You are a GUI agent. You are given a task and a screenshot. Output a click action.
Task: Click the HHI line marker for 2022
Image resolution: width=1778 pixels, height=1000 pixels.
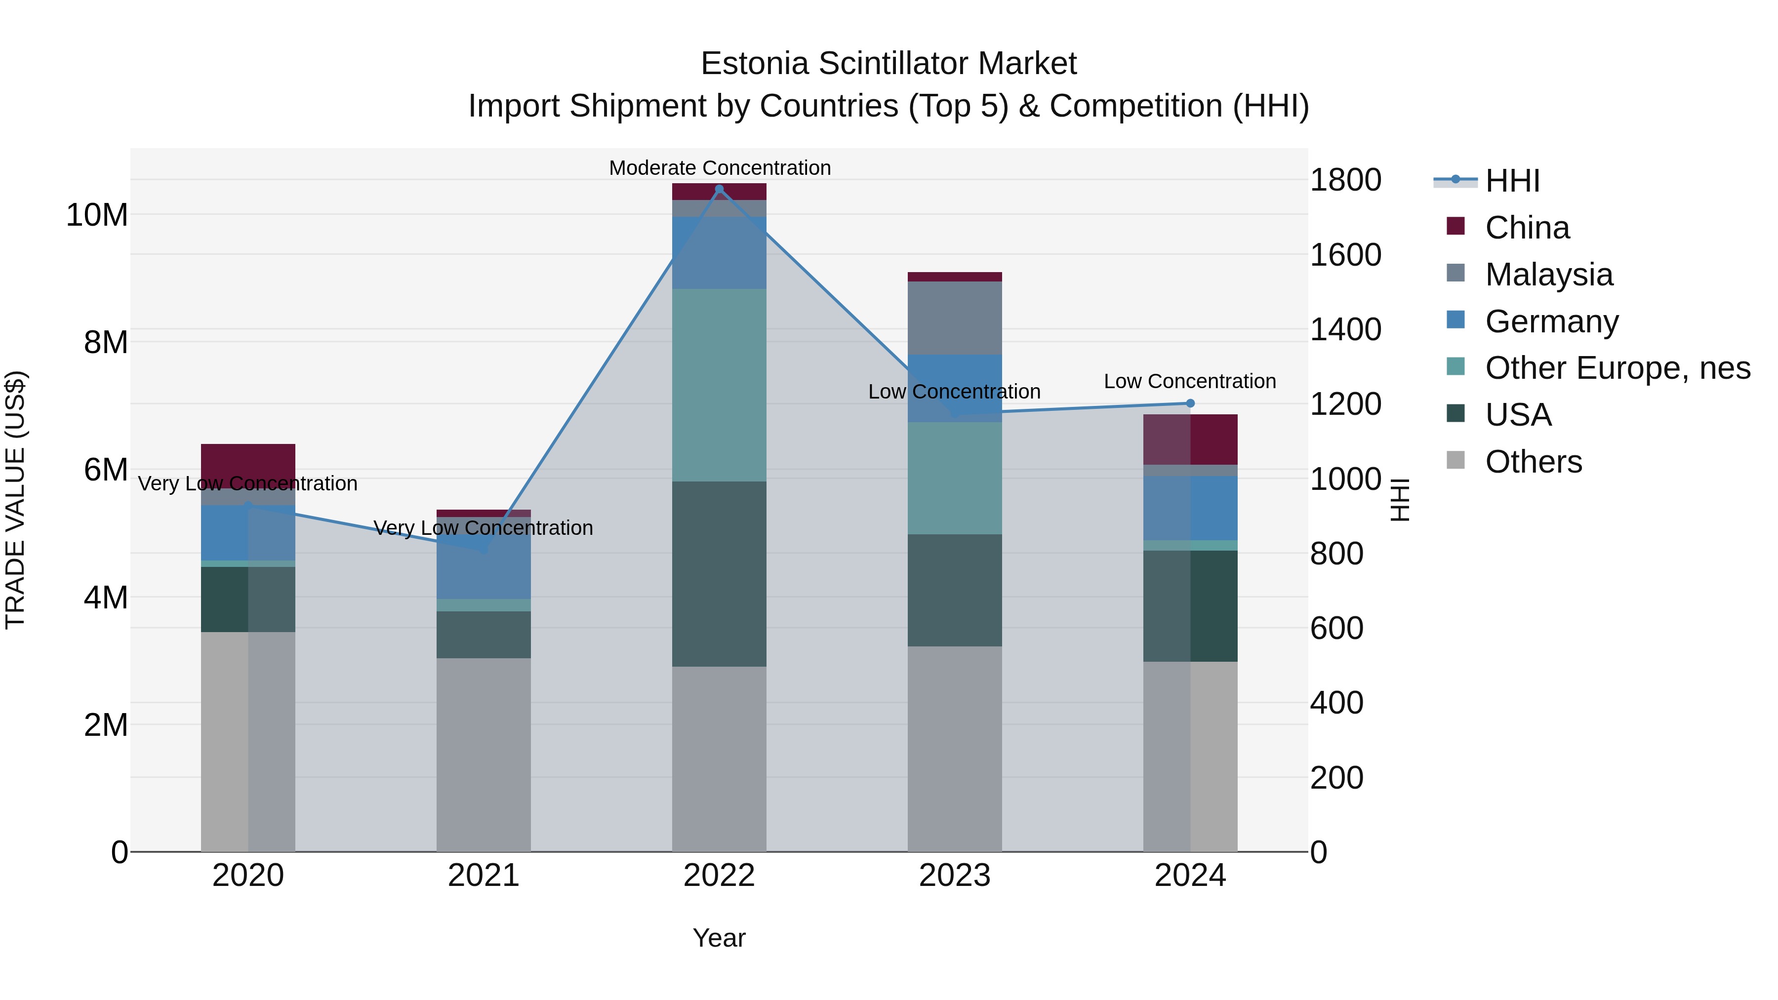[x=719, y=189]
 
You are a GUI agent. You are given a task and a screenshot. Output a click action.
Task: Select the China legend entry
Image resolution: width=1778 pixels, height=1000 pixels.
[x=1527, y=228]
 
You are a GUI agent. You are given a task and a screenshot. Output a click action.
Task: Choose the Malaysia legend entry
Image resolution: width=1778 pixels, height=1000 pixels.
[x=1548, y=275]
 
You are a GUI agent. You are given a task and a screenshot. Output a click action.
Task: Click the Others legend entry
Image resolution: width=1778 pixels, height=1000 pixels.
[x=1533, y=462]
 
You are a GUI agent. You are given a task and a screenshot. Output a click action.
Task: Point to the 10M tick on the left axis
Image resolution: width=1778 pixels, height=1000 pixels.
[x=97, y=215]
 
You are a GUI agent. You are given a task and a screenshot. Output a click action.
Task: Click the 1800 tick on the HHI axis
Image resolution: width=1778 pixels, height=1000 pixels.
[x=1345, y=180]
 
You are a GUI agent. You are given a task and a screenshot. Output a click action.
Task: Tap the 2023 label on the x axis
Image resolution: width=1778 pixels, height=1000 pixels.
[x=955, y=876]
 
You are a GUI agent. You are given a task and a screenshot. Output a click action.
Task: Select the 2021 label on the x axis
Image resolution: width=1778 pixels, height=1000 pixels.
[x=483, y=876]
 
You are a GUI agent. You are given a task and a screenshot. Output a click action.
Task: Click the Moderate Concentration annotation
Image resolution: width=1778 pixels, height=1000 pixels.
[x=719, y=168]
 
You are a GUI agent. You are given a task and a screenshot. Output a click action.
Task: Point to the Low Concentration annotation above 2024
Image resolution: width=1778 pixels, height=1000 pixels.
[x=1189, y=381]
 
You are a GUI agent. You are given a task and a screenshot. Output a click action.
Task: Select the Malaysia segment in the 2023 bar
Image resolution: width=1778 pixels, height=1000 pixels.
[x=955, y=318]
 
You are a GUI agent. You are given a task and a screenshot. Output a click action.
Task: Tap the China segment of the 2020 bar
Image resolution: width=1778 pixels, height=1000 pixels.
[x=248, y=459]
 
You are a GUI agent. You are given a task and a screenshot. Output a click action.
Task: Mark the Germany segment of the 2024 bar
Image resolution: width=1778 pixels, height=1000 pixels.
[x=1190, y=508]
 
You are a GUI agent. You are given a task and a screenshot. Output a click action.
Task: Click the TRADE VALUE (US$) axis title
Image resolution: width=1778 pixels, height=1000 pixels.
[x=15, y=500]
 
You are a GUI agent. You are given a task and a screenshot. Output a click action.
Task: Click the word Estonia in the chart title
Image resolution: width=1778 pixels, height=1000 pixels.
[x=754, y=64]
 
